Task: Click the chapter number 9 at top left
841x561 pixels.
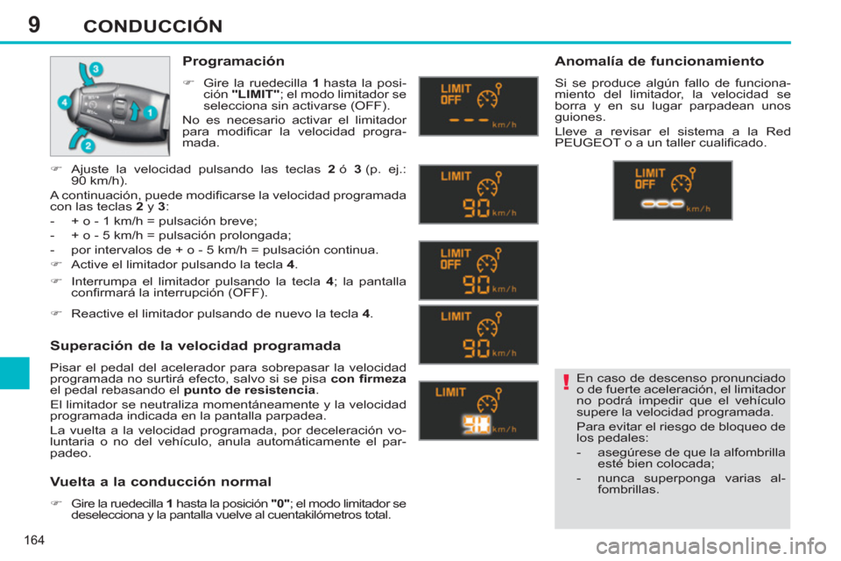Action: point(34,24)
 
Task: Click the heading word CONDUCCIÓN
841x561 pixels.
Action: point(152,25)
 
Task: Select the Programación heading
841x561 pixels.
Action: point(233,62)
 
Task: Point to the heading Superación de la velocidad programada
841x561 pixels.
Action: point(195,345)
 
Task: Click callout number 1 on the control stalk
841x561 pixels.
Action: point(150,113)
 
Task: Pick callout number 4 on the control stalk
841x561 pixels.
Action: point(64,103)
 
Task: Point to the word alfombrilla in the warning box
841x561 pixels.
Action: point(743,452)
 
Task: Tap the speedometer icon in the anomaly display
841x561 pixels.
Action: point(680,181)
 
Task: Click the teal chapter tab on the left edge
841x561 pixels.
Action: point(15,373)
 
